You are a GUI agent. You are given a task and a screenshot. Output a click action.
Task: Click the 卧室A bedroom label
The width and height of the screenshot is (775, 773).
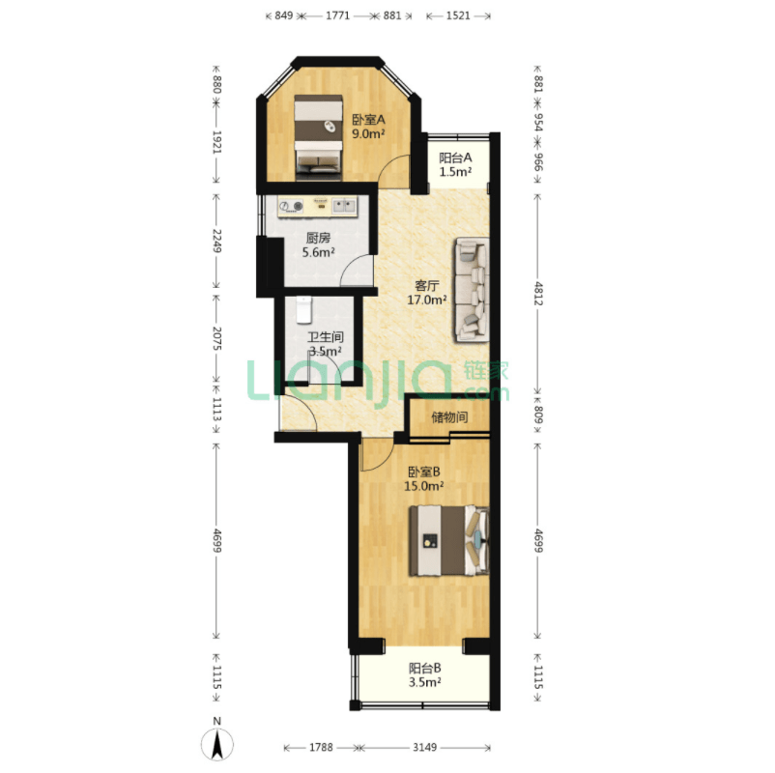coord(368,120)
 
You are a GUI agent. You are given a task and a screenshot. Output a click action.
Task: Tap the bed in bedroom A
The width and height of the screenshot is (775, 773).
coord(319,136)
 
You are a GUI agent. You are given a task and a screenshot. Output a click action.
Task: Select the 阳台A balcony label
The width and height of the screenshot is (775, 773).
coord(455,158)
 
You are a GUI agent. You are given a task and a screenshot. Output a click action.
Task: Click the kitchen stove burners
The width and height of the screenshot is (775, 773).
coord(291,206)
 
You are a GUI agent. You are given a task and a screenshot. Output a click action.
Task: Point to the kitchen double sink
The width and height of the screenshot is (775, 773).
coord(344,206)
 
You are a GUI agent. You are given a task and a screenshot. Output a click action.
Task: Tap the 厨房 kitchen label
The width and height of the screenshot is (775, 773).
coord(318,239)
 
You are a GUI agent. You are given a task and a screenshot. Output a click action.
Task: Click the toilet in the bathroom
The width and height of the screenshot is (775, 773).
coord(304,310)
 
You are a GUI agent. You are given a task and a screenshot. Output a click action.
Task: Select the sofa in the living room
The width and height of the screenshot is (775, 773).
coord(473,290)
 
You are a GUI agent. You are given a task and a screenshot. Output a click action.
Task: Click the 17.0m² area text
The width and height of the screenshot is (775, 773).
coord(427,300)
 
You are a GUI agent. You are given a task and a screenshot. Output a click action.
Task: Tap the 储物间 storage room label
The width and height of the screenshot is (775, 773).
coord(449,417)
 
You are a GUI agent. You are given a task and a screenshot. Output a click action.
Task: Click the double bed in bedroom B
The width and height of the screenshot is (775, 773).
coord(448,541)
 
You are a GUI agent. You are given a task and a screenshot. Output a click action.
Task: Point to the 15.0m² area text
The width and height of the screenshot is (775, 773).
coord(423,486)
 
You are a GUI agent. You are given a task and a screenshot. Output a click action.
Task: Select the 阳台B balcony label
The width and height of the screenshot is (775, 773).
coord(425,669)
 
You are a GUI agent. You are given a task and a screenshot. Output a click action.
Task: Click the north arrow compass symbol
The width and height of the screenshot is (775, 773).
coord(217,744)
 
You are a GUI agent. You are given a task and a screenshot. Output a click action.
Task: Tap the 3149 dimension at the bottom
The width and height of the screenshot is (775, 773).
coord(425,747)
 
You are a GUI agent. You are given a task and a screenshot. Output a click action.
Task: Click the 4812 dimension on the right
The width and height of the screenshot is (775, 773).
coord(538,294)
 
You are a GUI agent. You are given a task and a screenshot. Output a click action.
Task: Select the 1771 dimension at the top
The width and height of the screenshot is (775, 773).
coord(337,15)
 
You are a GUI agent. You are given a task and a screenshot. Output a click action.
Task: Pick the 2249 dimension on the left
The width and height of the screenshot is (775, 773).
coord(216,241)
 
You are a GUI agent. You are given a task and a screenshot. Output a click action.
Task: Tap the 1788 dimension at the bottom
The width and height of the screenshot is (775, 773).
coord(321,747)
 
